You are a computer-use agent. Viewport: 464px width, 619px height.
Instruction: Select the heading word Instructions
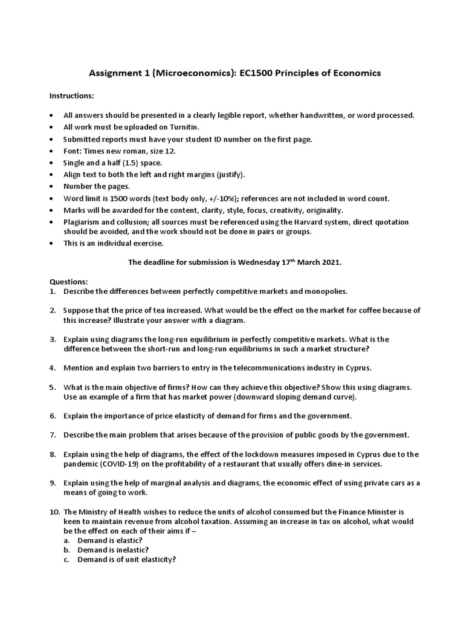(71, 96)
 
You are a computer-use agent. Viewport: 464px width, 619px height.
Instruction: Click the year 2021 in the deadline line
(330, 262)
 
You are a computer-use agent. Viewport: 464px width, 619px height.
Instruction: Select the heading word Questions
(68, 282)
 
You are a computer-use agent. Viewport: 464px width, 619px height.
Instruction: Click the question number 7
(53, 435)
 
